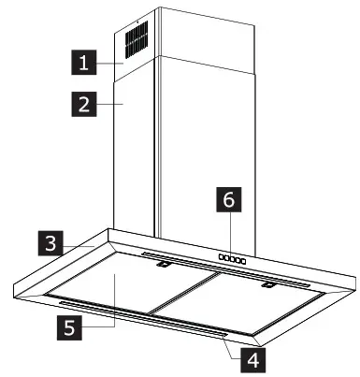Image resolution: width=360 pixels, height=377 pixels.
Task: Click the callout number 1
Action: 85,65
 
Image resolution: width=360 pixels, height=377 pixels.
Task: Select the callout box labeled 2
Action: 85,104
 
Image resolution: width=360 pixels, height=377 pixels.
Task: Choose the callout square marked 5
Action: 65,327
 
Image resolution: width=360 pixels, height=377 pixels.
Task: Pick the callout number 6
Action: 227,199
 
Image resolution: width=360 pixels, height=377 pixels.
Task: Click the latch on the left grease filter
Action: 163,268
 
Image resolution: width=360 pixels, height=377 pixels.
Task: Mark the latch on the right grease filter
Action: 268,284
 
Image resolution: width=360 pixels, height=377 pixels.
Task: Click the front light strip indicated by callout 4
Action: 140,318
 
